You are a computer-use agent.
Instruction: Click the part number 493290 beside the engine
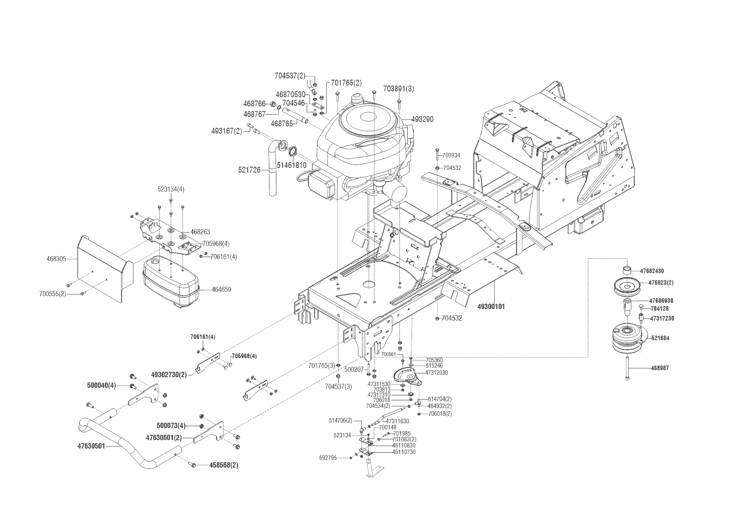point(422,119)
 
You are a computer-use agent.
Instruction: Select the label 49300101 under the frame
point(491,307)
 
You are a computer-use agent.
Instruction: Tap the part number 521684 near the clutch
point(660,338)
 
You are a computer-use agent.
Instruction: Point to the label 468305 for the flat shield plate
point(56,259)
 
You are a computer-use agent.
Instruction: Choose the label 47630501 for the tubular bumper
point(91,446)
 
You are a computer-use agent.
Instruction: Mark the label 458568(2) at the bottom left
point(224,465)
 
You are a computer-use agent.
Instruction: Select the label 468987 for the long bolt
point(660,368)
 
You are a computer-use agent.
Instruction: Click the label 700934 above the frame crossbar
point(451,155)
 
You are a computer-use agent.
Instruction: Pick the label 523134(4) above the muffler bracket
point(171,189)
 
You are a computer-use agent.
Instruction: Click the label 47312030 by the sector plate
point(436,373)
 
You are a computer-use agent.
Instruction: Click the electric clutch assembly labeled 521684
point(628,338)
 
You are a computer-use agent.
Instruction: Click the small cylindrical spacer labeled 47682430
point(627,270)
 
